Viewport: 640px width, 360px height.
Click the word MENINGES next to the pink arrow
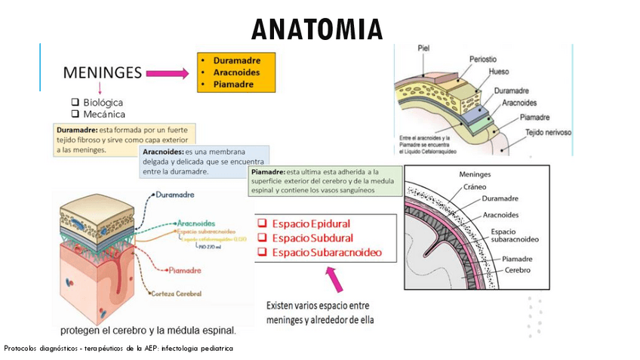click(103, 72)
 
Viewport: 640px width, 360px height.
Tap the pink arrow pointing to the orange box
click(166, 73)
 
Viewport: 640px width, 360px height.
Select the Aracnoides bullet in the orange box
click(236, 72)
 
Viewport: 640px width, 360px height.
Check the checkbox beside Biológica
click(75, 102)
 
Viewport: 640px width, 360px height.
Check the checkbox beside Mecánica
click(75, 114)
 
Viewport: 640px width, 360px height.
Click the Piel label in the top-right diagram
click(423, 48)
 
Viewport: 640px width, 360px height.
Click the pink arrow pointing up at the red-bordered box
click(334, 281)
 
